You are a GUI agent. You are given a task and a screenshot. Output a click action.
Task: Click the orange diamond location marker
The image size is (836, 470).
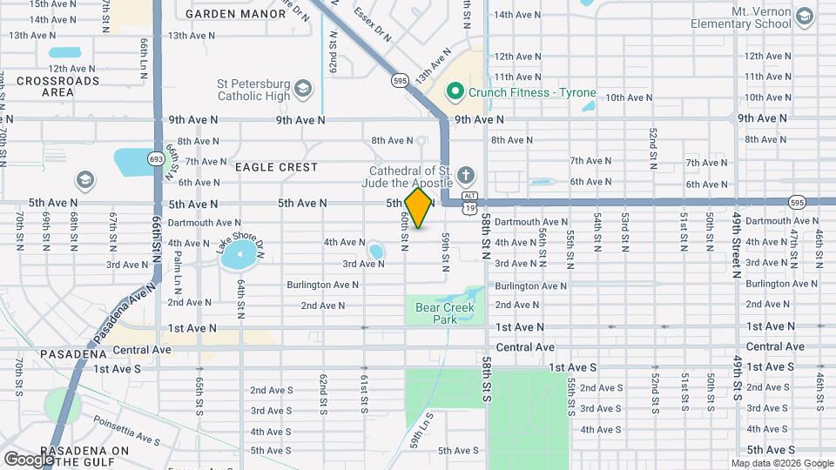click(419, 208)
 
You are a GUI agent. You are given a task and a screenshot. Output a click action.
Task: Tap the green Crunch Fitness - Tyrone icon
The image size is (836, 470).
click(454, 92)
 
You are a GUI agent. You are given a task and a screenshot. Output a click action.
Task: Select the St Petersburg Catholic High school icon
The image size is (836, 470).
click(302, 89)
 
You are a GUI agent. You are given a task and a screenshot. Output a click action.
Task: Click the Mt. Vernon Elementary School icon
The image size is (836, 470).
click(803, 18)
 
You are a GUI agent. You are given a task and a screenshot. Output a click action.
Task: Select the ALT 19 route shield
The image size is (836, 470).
click(469, 204)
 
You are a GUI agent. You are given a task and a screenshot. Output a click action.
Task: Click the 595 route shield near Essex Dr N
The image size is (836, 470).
click(400, 80)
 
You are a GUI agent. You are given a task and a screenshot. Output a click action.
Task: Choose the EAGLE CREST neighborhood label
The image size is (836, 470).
click(276, 166)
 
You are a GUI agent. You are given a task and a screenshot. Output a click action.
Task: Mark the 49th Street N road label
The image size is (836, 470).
click(737, 243)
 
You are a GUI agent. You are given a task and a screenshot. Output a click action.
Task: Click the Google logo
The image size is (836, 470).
click(29, 459)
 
